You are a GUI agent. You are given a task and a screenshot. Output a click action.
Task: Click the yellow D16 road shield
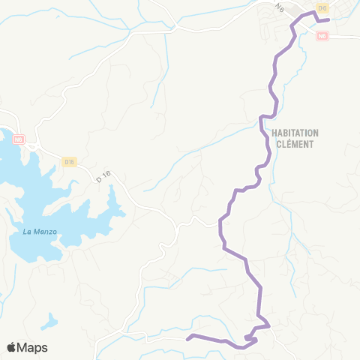pyautogui.click(x=70, y=161)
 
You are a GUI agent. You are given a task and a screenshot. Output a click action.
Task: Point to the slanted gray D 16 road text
pyautogui.click(x=103, y=176)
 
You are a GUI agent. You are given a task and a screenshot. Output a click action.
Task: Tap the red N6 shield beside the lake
pyautogui.click(x=19, y=139)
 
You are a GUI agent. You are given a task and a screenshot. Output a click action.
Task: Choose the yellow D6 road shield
pyautogui.click(x=322, y=7)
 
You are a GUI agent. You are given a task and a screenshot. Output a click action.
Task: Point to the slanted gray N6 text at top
pyautogui.click(x=280, y=8)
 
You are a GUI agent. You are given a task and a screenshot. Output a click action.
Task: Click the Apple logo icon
pyautogui.click(x=12, y=347)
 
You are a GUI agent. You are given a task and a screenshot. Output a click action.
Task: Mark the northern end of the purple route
pyautogui.click(x=328, y=20)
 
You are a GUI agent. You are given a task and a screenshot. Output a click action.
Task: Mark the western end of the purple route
pyautogui.click(x=187, y=336)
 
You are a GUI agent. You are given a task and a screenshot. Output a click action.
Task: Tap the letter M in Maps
pyautogui.click(x=23, y=347)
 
